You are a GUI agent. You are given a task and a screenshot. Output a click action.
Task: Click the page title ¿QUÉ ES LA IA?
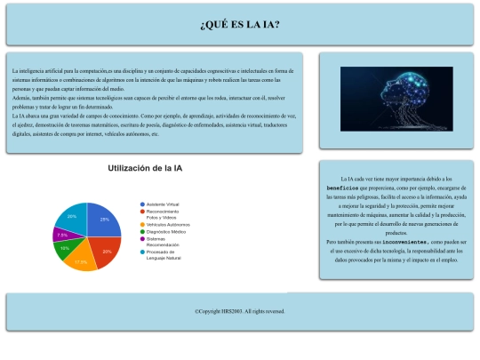coord(240,24)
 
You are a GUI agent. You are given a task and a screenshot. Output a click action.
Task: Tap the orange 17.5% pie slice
coord(81,260)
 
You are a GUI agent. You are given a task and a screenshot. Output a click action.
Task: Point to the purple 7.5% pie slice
coord(62,235)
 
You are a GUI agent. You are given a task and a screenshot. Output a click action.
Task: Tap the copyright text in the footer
coord(240,311)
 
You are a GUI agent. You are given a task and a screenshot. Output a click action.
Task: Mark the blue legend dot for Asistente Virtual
coord(141,204)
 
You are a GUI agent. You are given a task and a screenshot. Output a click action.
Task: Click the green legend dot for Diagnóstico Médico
coord(141,231)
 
